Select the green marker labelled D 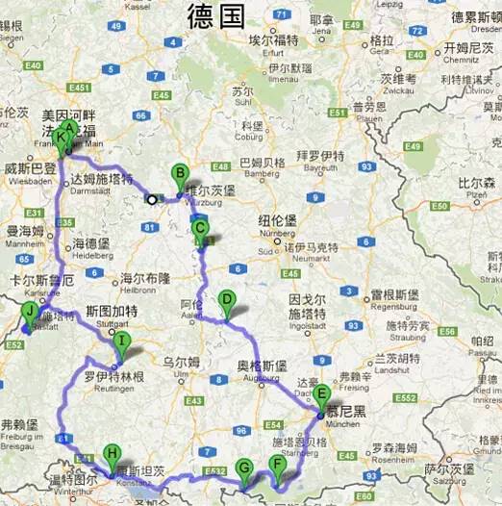(226, 301)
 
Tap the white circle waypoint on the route (151, 200)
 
